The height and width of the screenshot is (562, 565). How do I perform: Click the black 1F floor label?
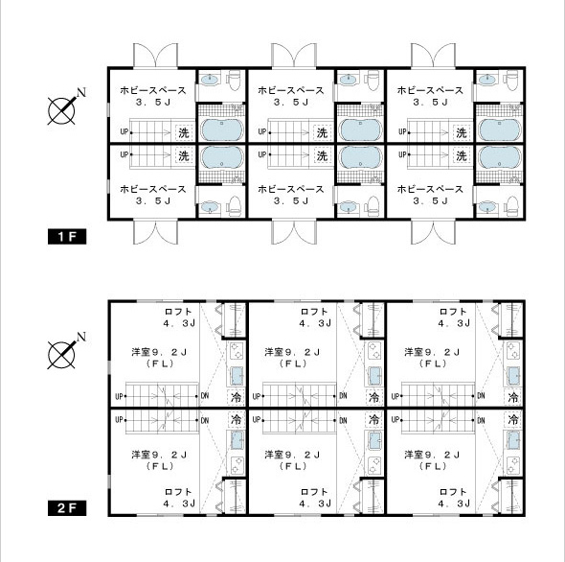(67, 237)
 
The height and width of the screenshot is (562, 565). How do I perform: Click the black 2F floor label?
(67, 508)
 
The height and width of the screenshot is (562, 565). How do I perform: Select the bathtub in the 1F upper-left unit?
(221, 129)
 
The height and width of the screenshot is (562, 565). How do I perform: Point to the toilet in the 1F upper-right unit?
(512, 80)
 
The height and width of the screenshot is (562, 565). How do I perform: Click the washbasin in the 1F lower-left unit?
(210, 207)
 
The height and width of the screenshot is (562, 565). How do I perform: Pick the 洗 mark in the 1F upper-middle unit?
(322, 133)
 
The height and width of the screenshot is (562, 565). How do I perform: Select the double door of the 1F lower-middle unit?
(294, 232)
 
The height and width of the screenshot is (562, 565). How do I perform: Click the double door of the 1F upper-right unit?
(433, 56)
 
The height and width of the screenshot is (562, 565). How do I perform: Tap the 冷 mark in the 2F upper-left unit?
(237, 397)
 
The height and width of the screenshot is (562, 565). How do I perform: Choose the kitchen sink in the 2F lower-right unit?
(513, 441)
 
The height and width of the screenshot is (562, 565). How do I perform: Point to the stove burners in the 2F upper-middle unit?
(374, 350)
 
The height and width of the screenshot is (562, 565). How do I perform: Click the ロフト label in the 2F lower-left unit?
(178, 492)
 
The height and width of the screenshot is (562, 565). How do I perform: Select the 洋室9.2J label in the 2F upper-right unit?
(432, 352)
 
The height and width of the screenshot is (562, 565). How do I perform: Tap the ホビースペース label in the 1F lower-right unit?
(430, 189)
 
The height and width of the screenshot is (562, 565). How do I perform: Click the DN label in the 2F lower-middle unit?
(343, 420)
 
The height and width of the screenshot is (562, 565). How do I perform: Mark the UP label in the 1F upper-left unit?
(124, 131)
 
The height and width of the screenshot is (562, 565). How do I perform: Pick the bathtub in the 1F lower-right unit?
(500, 157)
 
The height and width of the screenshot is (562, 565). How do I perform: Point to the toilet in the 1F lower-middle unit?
(373, 206)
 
